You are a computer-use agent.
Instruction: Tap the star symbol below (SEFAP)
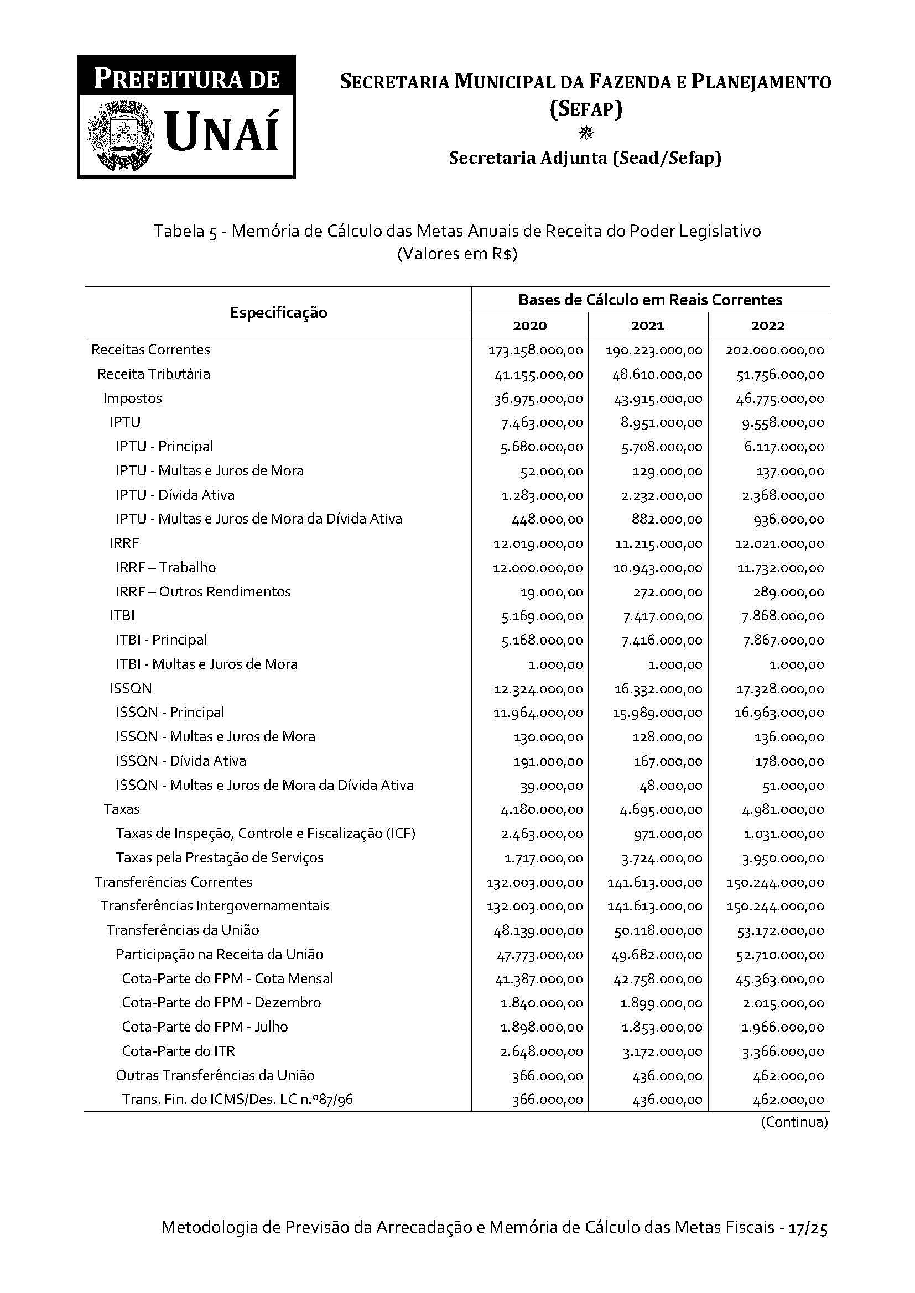[586, 133]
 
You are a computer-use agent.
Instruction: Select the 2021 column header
[647, 326]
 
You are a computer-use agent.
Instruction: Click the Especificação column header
[278, 312]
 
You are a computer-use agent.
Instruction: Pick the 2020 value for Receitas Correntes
[536, 350]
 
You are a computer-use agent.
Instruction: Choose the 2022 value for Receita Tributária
[780, 374]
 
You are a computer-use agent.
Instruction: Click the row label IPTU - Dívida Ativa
[175, 495]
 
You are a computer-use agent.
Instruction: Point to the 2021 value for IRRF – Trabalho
[658, 568]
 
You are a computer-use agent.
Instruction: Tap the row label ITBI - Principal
[160, 640]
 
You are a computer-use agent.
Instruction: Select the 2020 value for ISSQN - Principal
[538, 713]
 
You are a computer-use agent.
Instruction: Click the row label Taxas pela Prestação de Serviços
[219, 858]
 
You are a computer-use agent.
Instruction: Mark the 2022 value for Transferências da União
[780, 930]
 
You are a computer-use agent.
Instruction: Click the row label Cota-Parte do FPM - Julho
[205, 1027]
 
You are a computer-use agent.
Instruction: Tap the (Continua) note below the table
[794, 1122]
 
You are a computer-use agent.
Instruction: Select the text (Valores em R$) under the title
[457, 254]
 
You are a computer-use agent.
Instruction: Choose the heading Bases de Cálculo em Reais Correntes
[650, 300]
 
